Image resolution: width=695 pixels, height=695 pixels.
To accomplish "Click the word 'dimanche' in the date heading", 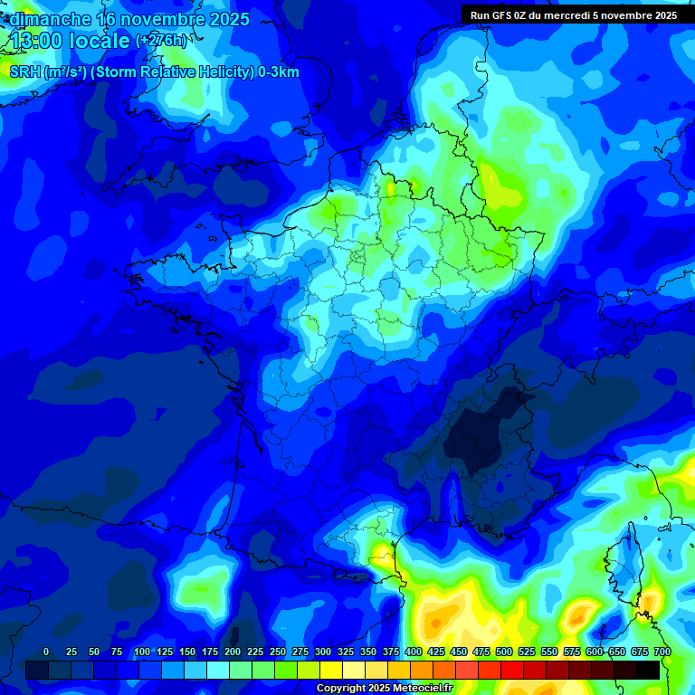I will pyautogui.click(x=50, y=19).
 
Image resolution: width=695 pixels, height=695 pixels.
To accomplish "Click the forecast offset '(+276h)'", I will pyautogui.click(x=161, y=41).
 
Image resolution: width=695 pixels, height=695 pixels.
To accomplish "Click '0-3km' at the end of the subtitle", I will pyautogui.click(x=278, y=72).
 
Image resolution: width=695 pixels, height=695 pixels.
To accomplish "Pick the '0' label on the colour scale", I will pyautogui.click(x=46, y=652).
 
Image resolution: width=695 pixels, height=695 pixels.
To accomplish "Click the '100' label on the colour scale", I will pyautogui.click(x=141, y=652).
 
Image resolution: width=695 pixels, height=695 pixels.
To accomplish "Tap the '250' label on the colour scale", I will pyautogui.click(x=278, y=652).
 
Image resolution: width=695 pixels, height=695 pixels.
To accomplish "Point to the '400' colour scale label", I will pyautogui.click(x=414, y=652).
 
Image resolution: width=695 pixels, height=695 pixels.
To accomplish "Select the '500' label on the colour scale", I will pyautogui.click(x=504, y=652).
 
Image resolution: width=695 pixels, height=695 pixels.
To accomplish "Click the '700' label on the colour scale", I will pyautogui.click(x=662, y=652).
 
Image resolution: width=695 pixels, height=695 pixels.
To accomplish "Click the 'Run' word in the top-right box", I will pyautogui.click(x=480, y=15).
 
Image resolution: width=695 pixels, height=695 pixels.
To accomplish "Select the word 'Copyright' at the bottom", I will pyautogui.click(x=341, y=689).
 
